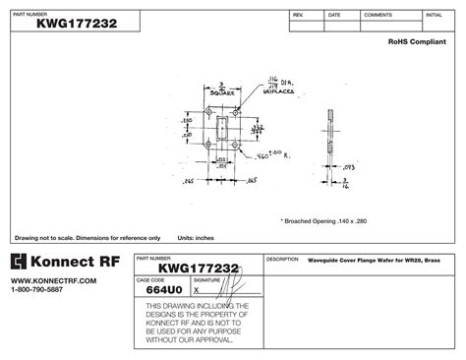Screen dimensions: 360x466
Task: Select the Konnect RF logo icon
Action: [18, 263]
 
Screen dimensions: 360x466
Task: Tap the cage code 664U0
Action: [160, 291]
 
